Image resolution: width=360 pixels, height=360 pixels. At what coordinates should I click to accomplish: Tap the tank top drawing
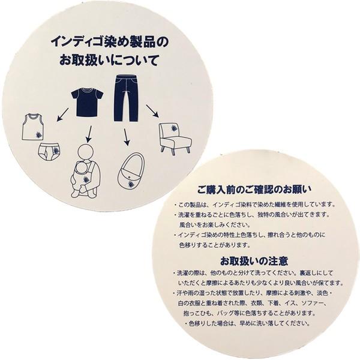(32, 127)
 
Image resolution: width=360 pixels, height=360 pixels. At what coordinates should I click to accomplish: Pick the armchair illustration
(173, 138)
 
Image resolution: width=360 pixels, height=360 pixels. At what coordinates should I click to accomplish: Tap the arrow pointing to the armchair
(152, 110)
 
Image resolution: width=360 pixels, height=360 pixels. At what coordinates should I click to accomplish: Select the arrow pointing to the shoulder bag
(126, 137)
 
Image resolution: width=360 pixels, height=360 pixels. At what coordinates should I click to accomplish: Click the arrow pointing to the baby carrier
(88, 132)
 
